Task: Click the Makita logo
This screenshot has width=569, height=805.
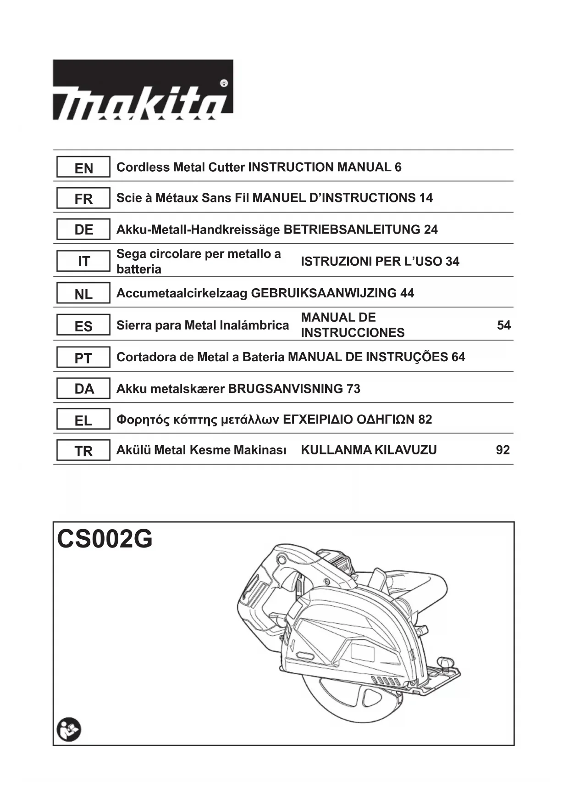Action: [143, 90]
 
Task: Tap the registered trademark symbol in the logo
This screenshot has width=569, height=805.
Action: [224, 84]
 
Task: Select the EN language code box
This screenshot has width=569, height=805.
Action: [83, 168]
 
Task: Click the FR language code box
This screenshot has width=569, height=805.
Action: [83, 199]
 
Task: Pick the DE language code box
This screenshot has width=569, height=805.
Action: [83, 229]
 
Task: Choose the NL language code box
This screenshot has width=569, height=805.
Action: [83, 294]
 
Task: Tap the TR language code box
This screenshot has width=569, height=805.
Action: [83, 451]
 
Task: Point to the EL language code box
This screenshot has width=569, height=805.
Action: [83, 420]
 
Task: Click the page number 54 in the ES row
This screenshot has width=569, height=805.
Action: [503, 325]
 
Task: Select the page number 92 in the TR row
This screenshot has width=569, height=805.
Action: [503, 450]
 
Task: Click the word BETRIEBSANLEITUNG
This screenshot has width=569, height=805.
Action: [352, 229]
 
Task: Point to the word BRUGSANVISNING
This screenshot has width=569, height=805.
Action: [285, 389]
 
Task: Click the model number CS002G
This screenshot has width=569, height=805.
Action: [105, 539]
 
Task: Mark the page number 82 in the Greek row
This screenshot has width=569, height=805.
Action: [425, 419]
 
